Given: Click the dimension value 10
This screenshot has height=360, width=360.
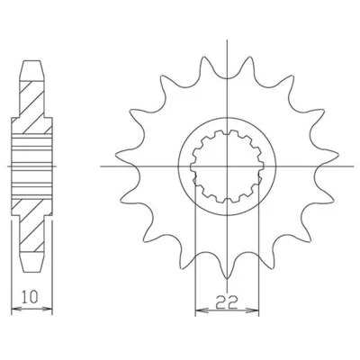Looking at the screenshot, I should (x=31, y=295).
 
